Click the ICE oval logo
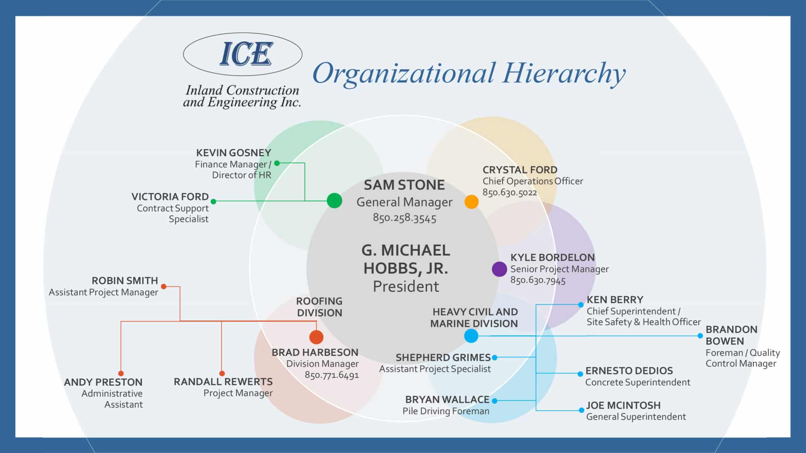pyautogui.click(x=242, y=54)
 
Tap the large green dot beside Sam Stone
pyautogui.click(x=335, y=201)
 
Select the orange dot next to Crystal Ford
pyautogui.click(x=471, y=202)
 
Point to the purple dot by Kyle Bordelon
pyautogui.click(x=499, y=269)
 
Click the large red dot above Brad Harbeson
pyautogui.click(x=316, y=337)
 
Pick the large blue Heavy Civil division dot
pyautogui.click(x=471, y=336)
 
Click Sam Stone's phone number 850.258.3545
pyautogui.click(x=405, y=218)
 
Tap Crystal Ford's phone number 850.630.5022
pyautogui.click(x=510, y=193)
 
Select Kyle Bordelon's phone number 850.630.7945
pyautogui.click(x=538, y=280)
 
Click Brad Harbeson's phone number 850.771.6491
pyautogui.click(x=332, y=375)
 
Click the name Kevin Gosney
pyautogui.click(x=234, y=153)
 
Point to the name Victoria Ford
pyautogui.click(x=170, y=197)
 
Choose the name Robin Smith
pyautogui.click(x=125, y=281)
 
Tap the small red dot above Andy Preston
pyautogui.click(x=121, y=373)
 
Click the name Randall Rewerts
pyautogui.click(x=223, y=382)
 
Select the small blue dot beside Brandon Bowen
pyautogui.click(x=700, y=336)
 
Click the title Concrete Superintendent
pyautogui.click(x=638, y=382)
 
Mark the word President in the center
pyautogui.click(x=406, y=286)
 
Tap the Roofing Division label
pyautogui.click(x=319, y=307)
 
